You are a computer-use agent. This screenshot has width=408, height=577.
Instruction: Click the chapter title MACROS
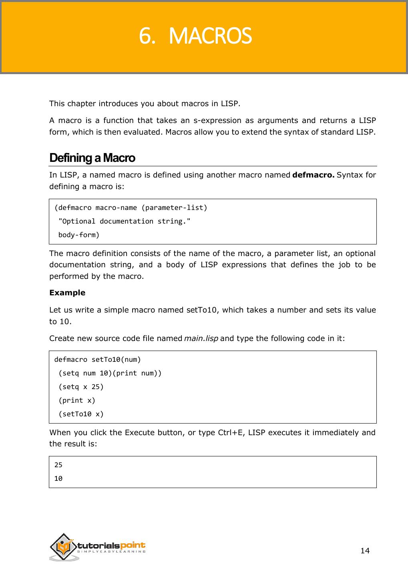[211, 36]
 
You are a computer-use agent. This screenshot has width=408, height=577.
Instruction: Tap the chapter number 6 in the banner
[147, 36]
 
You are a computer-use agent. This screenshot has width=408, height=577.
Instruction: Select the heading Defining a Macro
[92, 158]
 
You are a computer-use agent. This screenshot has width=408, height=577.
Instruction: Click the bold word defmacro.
[314, 175]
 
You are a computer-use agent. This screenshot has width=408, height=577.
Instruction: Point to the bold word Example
[67, 293]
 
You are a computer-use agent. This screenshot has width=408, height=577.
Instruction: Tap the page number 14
[365, 551]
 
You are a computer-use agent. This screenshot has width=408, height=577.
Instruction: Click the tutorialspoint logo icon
[63, 547]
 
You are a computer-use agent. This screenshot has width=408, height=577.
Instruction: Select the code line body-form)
[79, 235]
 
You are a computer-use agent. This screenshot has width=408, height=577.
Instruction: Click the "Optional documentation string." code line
[124, 221]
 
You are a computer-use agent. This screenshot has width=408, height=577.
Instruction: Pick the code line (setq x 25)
[81, 387]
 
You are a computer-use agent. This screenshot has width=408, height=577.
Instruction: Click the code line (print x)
[77, 400]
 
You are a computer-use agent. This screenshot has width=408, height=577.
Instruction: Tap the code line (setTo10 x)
[81, 414]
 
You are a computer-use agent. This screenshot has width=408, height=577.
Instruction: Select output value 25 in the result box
[58, 465]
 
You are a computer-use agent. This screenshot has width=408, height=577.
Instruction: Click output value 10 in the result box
[58, 478]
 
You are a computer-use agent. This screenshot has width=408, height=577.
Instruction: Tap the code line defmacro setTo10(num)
[98, 359]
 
